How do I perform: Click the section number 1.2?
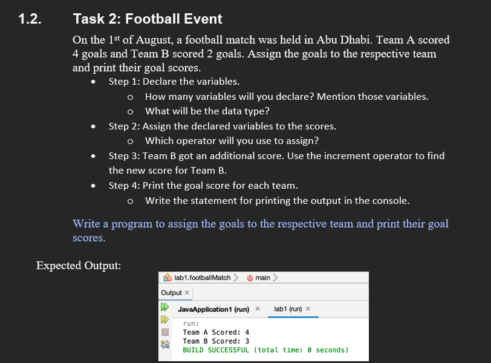[x=30, y=19]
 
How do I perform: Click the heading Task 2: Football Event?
[x=148, y=19]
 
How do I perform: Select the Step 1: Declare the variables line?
[x=174, y=81]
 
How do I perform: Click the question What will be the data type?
[x=207, y=111]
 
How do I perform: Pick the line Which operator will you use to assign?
[x=232, y=140]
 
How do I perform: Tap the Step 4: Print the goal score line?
[x=203, y=185]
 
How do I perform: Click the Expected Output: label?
[x=79, y=266]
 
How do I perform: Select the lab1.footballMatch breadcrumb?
[x=202, y=278]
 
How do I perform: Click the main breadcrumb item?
[x=262, y=278]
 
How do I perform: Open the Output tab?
[x=171, y=293]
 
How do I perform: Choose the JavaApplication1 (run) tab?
[x=213, y=309]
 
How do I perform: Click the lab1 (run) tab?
[x=288, y=309]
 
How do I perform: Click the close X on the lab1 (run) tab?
[x=308, y=309]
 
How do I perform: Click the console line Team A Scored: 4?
[x=216, y=332]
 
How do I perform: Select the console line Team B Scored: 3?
[x=216, y=341]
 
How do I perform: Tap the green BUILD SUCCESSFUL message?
[x=265, y=350]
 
